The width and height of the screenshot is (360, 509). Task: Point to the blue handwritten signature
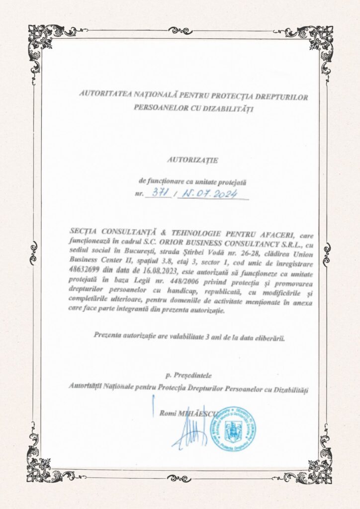point(191,431)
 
